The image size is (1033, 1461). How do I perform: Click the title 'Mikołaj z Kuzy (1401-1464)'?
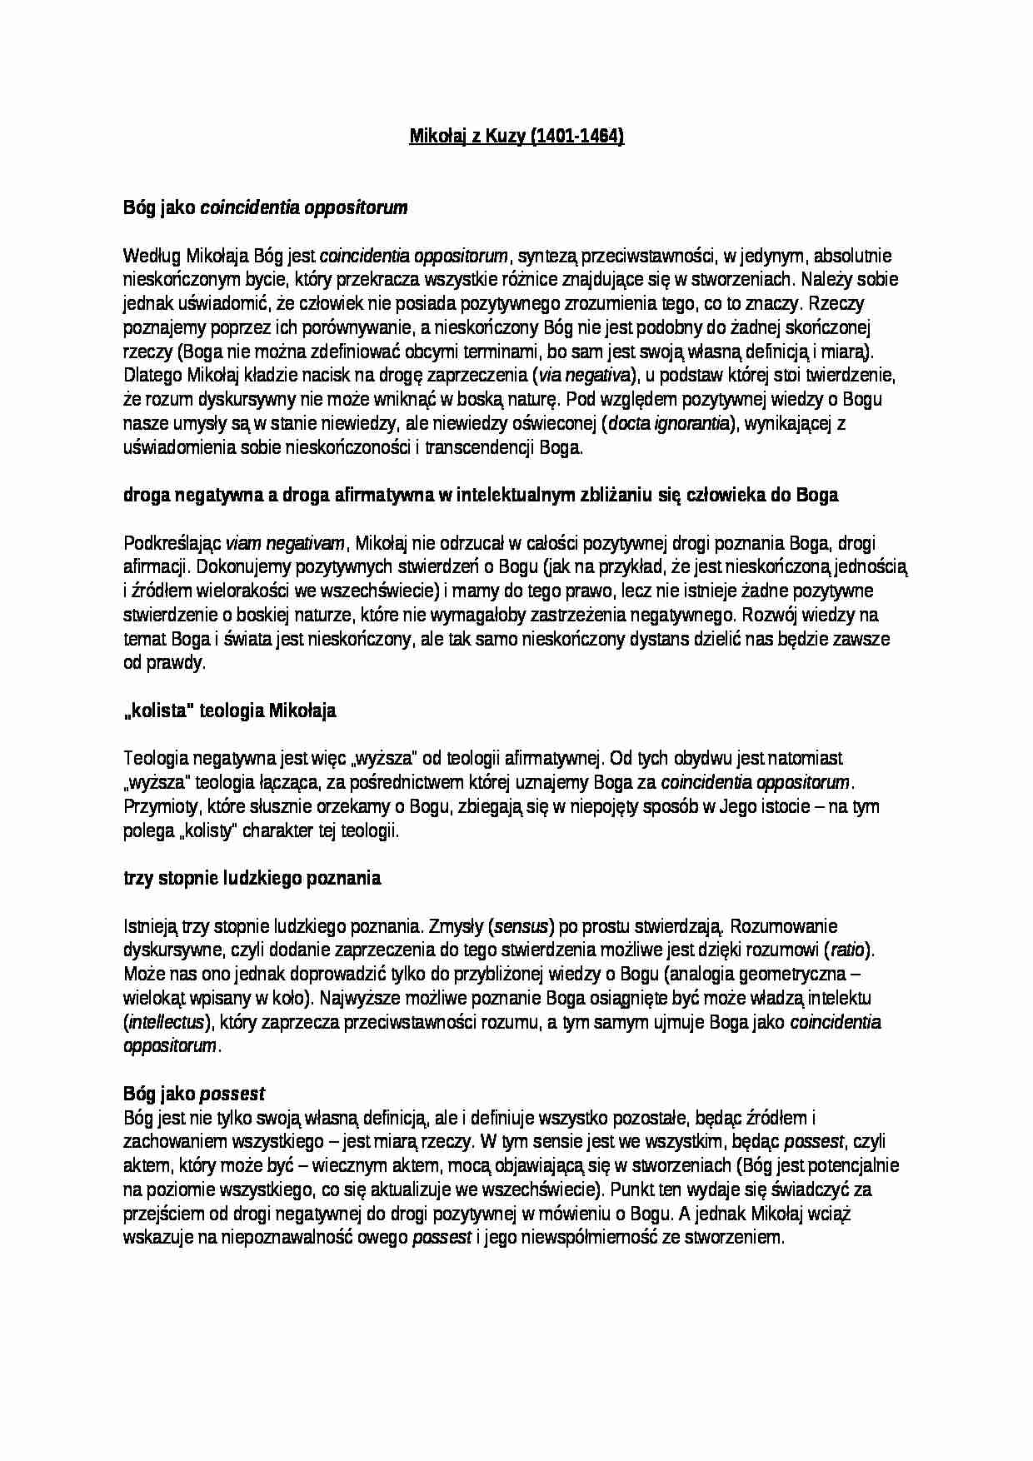[516, 137]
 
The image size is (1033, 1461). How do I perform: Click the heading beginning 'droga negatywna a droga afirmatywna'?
[481, 496]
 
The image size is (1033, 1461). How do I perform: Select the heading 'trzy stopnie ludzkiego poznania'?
[252, 878]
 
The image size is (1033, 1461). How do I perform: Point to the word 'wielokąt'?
[154, 998]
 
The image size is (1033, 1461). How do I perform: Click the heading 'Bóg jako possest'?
[193, 1093]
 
